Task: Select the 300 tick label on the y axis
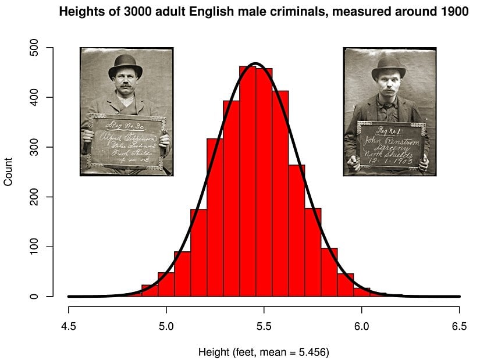[x=34, y=147]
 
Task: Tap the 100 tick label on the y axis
[x=34, y=247]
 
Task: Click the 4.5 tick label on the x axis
[x=69, y=326]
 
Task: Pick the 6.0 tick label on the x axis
[x=362, y=326]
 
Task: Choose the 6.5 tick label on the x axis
[x=459, y=326]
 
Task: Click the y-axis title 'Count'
[x=8, y=173]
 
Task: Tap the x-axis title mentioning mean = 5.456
[x=264, y=352]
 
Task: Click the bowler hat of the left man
[x=125, y=62]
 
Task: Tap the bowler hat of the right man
[x=390, y=63]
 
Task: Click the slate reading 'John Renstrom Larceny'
[x=390, y=144]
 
